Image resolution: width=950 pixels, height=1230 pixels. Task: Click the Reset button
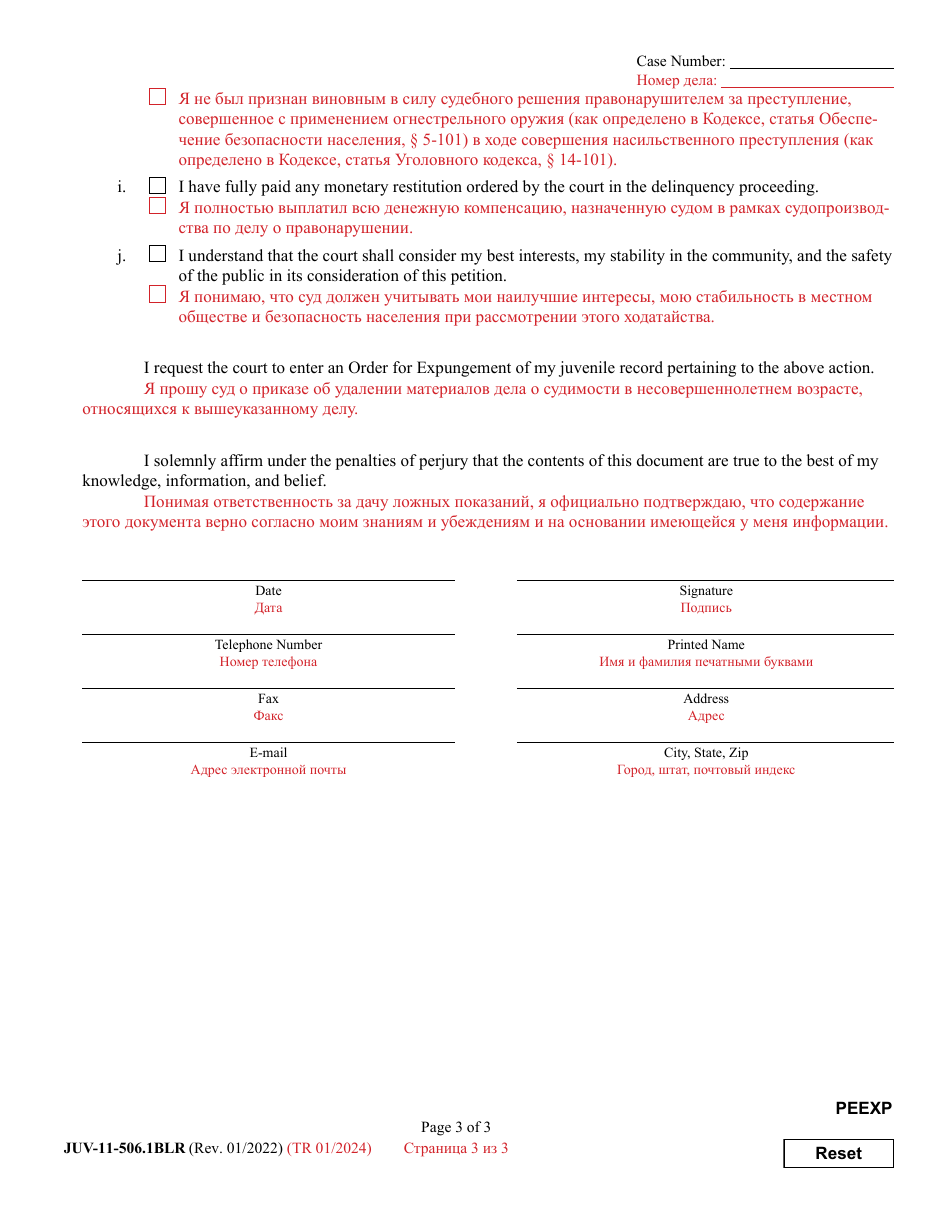(x=838, y=1153)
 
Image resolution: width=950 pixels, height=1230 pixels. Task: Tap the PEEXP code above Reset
(x=863, y=1108)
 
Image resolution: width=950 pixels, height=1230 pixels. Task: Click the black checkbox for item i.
(x=157, y=186)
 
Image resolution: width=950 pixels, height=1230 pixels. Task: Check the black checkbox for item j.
(x=157, y=255)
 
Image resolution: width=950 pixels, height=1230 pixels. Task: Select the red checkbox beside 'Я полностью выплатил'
(x=157, y=206)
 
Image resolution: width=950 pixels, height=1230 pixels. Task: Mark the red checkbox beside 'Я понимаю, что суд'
(x=157, y=295)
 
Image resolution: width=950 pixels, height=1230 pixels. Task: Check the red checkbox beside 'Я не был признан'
(x=157, y=97)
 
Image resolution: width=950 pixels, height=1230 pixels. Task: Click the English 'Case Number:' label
(x=680, y=62)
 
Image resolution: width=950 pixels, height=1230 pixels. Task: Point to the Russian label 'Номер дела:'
(x=676, y=80)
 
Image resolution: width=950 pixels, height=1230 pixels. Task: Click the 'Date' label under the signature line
(x=268, y=591)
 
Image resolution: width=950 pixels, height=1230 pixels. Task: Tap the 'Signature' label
(x=706, y=591)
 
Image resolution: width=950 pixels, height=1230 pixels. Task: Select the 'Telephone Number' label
(x=268, y=645)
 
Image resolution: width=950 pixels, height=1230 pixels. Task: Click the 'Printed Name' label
(x=706, y=645)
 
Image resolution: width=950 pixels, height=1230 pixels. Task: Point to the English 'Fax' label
(x=268, y=699)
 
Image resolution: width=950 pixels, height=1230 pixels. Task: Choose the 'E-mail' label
(x=268, y=753)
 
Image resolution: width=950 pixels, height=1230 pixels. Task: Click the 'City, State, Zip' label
(x=706, y=753)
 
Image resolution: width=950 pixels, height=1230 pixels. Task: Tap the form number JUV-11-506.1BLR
(x=124, y=1148)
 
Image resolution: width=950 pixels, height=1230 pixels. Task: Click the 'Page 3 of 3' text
(x=456, y=1128)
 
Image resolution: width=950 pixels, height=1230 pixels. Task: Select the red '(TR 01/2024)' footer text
(x=329, y=1148)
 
